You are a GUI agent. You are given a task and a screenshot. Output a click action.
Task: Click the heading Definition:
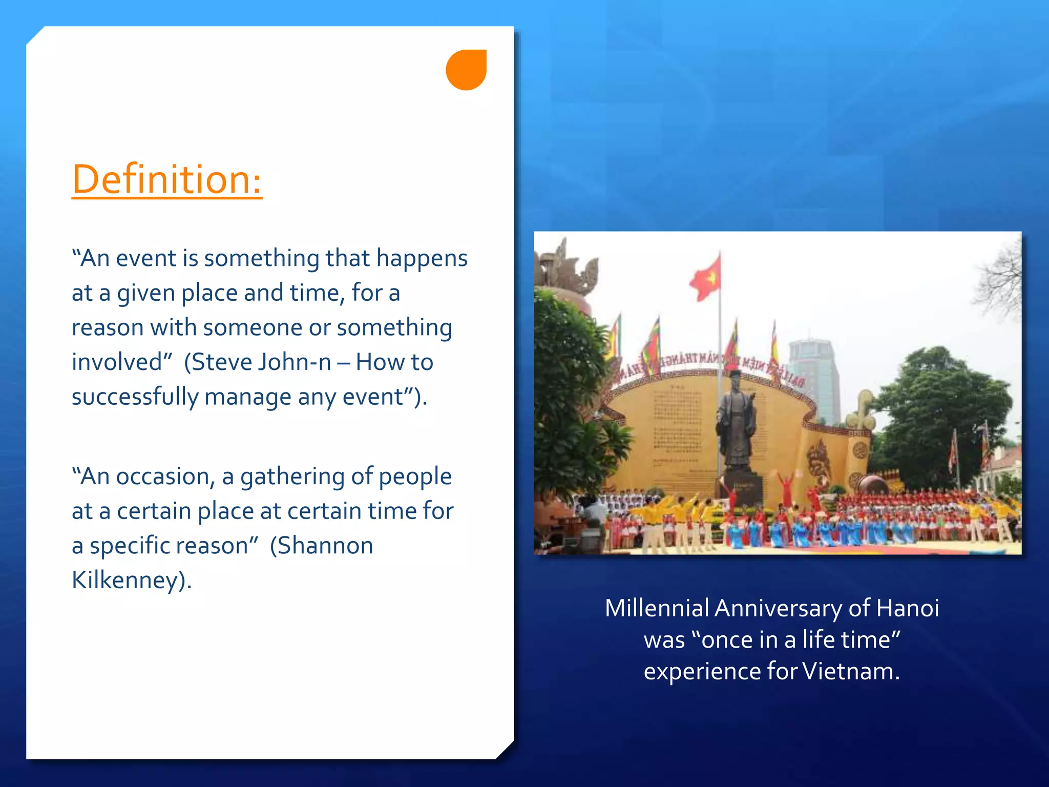(x=166, y=179)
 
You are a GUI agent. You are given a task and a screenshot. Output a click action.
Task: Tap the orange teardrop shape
(x=466, y=70)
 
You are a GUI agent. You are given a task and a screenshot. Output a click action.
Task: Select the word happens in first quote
(x=422, y=258)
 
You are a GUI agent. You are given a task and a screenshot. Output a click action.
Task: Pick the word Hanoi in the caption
(x=907, y=608)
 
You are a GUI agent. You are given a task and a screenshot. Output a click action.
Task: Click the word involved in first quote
(x=117, y=362)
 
